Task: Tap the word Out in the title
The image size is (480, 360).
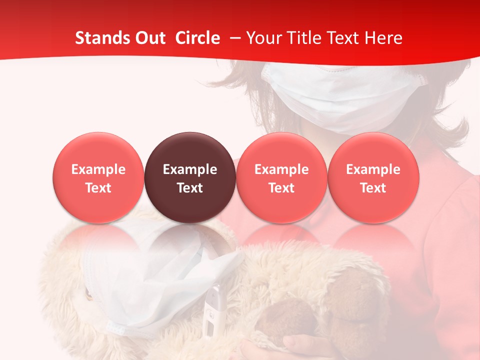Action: [x=150, y=38]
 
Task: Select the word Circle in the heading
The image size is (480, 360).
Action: [x=197, y=38]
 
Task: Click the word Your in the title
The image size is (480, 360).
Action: [x=263, y=38]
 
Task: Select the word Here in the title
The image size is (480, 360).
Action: [x=383, y=38]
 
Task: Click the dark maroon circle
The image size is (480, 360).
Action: [x=189, y=150]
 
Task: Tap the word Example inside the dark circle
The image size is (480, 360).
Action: [x=189, y=169]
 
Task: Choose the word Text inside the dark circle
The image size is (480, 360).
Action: [x=189, y=188]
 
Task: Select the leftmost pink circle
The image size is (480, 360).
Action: [x=98, y=150]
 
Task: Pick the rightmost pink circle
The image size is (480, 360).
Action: [x=373, y=150]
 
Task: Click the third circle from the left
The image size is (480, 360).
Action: [x=281, y=150]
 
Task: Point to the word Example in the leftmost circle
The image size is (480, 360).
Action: [x=98, y=169]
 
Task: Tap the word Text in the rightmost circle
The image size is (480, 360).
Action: [x=373, y=188]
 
